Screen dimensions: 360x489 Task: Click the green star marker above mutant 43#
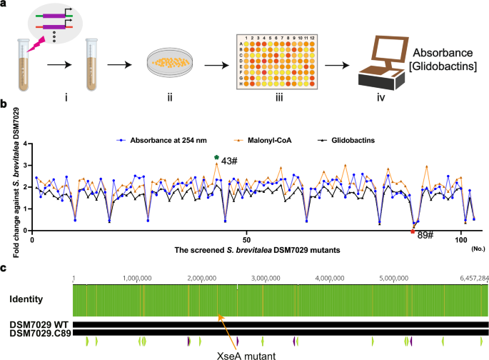[216, 157]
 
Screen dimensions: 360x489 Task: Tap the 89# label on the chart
[425, 235]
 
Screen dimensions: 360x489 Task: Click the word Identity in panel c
[29, 299]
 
